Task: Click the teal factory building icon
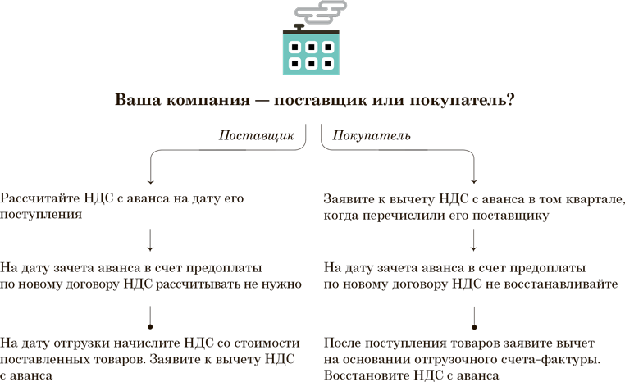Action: tap(311, 53)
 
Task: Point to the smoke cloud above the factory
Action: tap(320, 12)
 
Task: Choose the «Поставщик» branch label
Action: tap(257, 135)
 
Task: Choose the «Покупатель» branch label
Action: tap(372, 135)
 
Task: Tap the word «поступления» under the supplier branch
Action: tap(40, 215)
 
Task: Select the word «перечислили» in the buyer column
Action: tap(390, 215)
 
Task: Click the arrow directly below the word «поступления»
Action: tap(151, 240)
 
